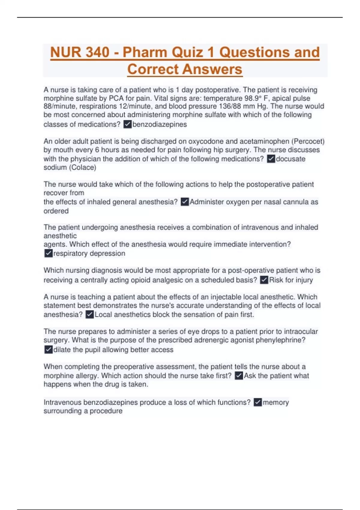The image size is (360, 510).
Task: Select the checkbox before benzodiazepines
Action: [x=127, y=124]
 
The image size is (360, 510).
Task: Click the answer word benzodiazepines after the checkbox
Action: [x=160, y=124]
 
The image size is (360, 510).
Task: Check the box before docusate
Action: [x=271, y=159]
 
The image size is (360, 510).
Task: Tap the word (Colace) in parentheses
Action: [x=82, y=167]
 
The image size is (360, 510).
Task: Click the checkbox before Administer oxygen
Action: [x=185, y=202]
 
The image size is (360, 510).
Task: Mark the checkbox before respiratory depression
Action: [x=48, y=253]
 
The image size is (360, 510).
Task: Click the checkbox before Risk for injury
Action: [x=264, y=280]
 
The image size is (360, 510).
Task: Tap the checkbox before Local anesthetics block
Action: [x=89, y=314]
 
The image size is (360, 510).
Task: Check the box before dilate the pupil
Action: [x=48, y=349]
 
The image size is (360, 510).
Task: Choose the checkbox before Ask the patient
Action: [x=239, y=376]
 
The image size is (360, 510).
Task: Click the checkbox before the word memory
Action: [x=258, y=402]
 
